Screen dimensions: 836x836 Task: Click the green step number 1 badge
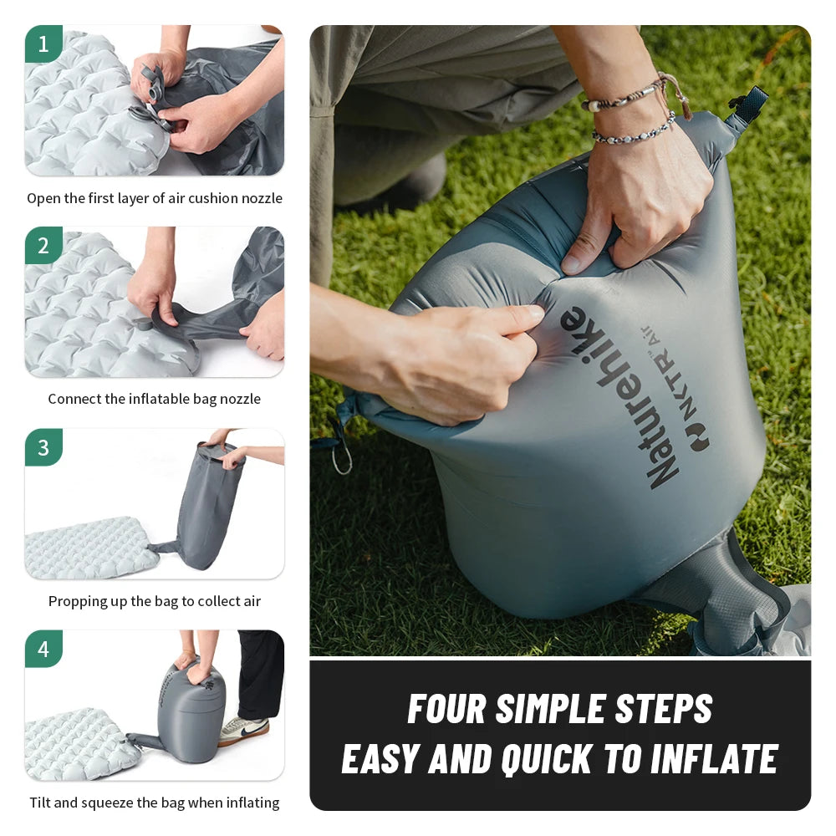pos(43,43)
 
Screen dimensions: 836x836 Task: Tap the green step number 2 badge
pos(43,245)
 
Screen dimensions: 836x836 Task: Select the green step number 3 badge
pos(43,447)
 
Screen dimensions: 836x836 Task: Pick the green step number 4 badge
pos(43,649)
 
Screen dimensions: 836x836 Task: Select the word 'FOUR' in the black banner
pos(446,709)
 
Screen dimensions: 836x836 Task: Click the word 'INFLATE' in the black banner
pos(714,759)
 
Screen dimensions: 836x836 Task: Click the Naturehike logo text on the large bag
pos(619,397)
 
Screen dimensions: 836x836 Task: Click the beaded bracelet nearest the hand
pos(634,130)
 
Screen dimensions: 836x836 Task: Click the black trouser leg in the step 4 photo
pos(260,675)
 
